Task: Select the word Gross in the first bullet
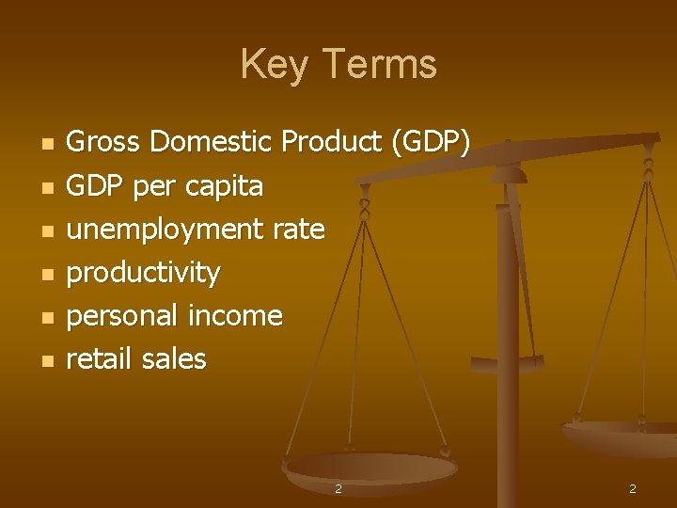coord(104,142)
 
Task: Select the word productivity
coord(144,273)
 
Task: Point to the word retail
coord(99,358)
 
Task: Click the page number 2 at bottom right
coord(633,489)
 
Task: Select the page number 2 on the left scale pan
coord(338,489)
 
